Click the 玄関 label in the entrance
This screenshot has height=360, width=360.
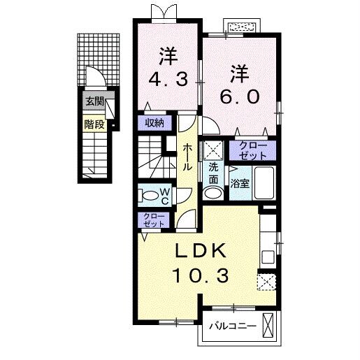pos(94,101)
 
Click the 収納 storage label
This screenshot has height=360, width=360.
pos(154,122)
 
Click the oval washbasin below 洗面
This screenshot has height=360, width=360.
pos(213,191)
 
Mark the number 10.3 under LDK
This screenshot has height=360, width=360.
pos(200,275)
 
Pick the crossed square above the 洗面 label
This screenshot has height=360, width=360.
pos(213,150)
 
